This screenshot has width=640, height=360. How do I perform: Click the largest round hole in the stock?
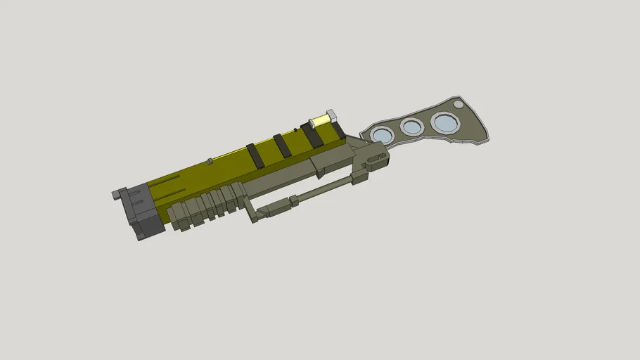point(444,123)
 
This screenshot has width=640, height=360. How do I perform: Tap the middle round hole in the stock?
point(411,127)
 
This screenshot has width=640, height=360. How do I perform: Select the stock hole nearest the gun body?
point(381,134)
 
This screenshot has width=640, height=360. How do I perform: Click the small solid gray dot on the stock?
point(459,104)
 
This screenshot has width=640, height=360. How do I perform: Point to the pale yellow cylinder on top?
point(321,120)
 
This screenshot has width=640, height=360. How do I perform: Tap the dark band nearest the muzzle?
point(255,155)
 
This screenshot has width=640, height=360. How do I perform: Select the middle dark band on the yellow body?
point(283,145)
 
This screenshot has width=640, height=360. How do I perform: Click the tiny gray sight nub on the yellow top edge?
point(210,162)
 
